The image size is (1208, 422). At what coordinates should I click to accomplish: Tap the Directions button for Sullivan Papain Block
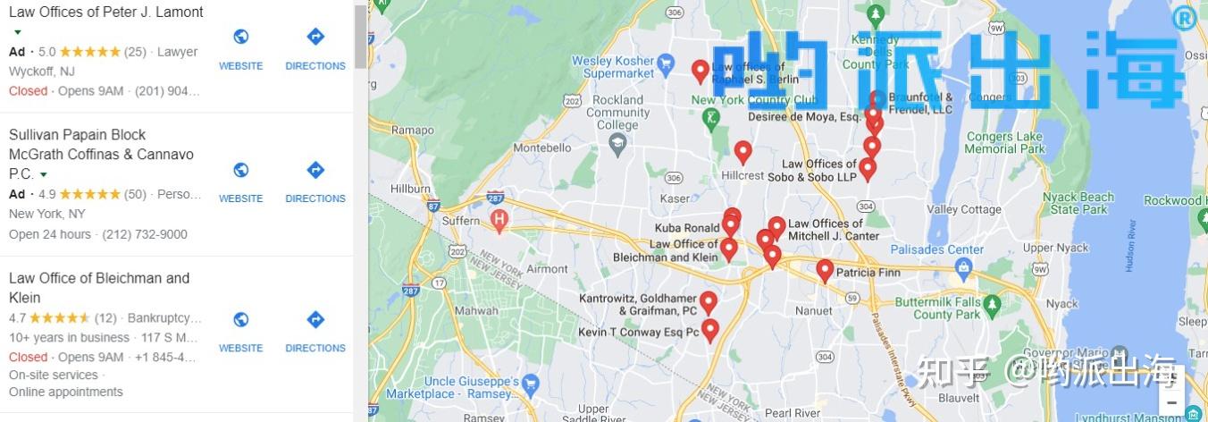[x=315, y=181]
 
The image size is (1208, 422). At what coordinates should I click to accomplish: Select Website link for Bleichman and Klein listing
[x=240, y=330]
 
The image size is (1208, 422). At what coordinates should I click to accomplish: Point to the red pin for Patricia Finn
[x=825, y=270]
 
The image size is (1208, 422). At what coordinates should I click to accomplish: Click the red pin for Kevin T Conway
[x=710, y=330]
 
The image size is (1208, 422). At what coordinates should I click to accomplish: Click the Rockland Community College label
[x=618, y=113]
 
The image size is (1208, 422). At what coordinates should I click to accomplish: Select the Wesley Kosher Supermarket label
[x=612, y=66]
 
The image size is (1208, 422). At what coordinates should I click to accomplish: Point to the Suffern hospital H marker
[x=499, y=217]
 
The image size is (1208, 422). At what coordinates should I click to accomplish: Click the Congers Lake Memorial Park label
[x=1004, y=143]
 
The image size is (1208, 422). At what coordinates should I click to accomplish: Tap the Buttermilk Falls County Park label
[x=939, y=308]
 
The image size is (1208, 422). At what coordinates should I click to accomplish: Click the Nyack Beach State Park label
[x=1083, y=203]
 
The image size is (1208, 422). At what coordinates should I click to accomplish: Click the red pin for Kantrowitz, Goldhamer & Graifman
[x=709, y=302]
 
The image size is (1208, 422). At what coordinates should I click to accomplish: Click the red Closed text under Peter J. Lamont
[x=28, y=91]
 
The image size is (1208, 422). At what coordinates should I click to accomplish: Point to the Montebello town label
[x=548, y=147]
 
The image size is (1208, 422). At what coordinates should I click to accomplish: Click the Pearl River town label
[x=793, y=413]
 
